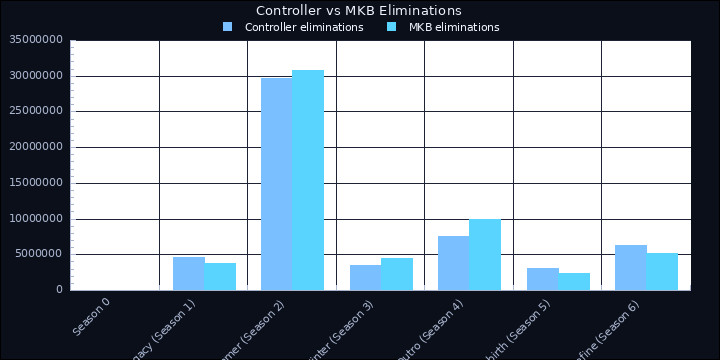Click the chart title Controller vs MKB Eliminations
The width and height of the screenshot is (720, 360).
click(359, 10)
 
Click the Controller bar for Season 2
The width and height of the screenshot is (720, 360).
click(277, 184)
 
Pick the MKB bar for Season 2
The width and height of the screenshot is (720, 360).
click(308, 180)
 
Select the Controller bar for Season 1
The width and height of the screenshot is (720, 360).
click(189, 273)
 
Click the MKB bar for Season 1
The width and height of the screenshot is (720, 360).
click(220, 276)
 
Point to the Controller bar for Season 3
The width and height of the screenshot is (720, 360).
click(366, 277)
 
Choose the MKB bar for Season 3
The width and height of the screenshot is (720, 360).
click(397, 274)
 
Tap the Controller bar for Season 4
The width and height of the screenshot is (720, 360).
click(454, 263)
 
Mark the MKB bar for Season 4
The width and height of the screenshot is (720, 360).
click(485, 254)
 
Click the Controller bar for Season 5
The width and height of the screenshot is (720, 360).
click(543, 279)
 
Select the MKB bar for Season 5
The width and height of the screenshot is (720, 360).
click(574, 281)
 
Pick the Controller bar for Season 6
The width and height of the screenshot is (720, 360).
click(631, 267)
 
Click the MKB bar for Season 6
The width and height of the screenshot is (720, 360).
click(662, 271)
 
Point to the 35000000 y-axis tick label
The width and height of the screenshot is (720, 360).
click(35, 40)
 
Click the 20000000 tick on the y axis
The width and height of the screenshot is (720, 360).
click(35, 147)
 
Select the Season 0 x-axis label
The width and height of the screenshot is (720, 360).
click(92, 314)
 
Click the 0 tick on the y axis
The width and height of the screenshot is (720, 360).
click(59, 290)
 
